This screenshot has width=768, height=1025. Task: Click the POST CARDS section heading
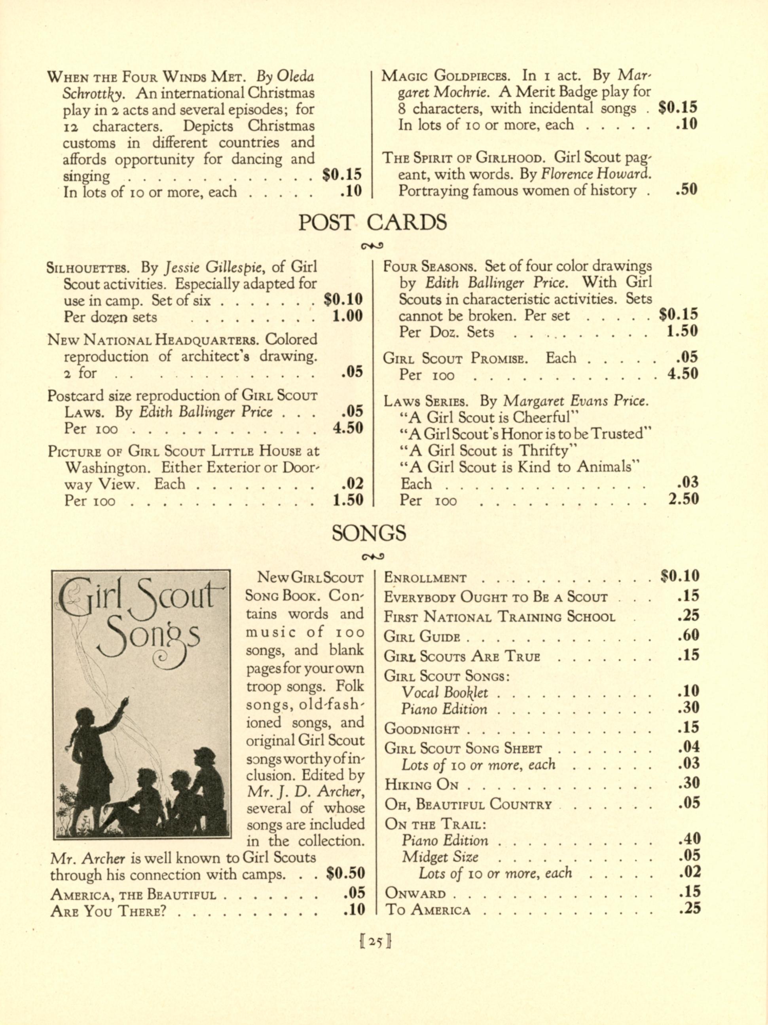pyautogui.click(x=372, y=222)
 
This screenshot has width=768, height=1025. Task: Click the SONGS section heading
pyautogui.click(x=369, y=533)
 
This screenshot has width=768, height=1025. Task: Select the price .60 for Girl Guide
pyautogui.click(x=688, y=635)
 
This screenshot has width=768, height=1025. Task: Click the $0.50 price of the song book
pyautogui.click(x=345, y=873)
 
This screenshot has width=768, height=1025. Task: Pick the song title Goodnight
pyautogui.click(x=421, y=729)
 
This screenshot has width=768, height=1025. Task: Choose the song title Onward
pyautogui.click(x=415, y=894)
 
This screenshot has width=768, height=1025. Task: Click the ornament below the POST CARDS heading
pyautogui.click(x=372, y=245)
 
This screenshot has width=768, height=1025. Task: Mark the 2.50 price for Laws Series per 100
pyautogui.click(x=683, y=500)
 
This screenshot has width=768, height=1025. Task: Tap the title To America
pyautogui.click(x=428, y=910)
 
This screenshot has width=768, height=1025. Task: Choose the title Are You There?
pyautogui.click(x=108, y=911)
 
